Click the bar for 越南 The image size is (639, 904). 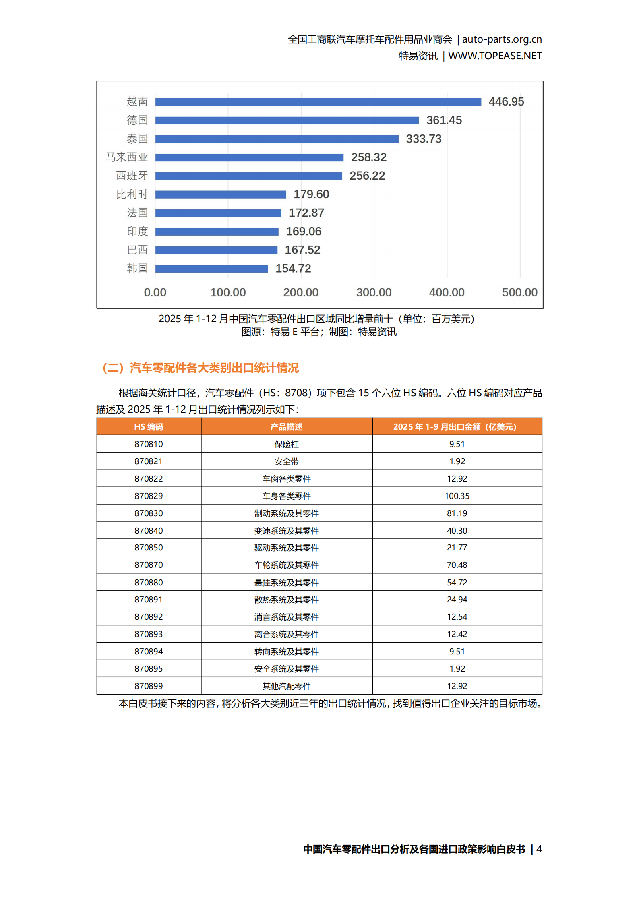318,102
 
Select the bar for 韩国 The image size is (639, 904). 211,269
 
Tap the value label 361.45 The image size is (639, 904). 444,120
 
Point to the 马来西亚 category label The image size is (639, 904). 127,157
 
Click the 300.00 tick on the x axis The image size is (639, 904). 374,292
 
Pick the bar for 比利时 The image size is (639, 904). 221,194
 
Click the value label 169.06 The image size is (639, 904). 303,232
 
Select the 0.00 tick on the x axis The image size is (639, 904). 155,292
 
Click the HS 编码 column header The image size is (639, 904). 149,427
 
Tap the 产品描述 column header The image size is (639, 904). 286,427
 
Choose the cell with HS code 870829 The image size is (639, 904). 149,496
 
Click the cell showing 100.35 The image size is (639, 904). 457,496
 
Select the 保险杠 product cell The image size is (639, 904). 286,444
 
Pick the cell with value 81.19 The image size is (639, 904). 457,513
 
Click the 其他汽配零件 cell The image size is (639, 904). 286,686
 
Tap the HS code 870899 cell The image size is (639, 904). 149,686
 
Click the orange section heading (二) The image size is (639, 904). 201,368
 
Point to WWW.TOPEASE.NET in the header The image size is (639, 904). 495,56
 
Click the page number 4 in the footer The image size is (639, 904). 539,849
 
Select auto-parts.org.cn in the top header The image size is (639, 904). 502,39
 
